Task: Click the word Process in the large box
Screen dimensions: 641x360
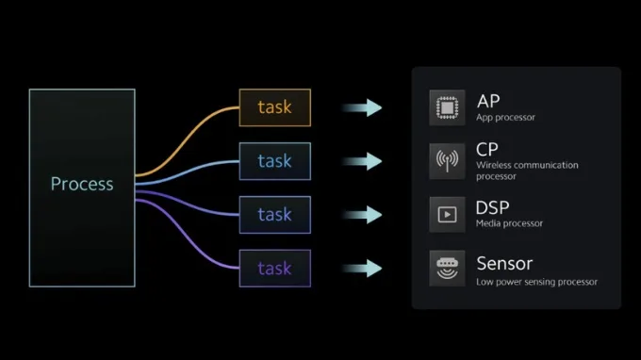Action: [82, 184]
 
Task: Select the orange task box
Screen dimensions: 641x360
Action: [274, 107]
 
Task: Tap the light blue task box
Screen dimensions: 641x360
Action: [274, 161]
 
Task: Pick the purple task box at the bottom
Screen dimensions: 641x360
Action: [274, 268]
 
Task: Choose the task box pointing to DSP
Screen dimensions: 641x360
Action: [274, 215]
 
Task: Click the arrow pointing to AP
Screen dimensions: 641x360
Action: [362, 107]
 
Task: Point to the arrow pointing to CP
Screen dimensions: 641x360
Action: [362, 161]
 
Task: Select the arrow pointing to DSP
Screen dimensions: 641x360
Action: [362, 215]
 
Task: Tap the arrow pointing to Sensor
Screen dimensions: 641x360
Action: [362, 268]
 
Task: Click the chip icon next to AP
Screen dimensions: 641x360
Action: [447, 107]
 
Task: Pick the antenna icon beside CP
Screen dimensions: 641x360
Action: [447, 161]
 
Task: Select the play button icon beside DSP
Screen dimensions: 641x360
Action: [447, 215]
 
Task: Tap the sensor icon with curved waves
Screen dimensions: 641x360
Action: [447, 268]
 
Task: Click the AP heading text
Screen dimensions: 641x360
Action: [488, 102]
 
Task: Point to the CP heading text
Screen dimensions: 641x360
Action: [487, 150]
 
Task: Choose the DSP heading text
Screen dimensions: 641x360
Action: [492, 207]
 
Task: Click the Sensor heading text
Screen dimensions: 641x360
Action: [504, 264]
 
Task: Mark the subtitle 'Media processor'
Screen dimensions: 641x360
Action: [509, 223]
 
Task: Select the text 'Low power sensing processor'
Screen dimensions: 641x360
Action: [536, 282]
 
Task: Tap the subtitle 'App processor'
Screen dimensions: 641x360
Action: [505, 117]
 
